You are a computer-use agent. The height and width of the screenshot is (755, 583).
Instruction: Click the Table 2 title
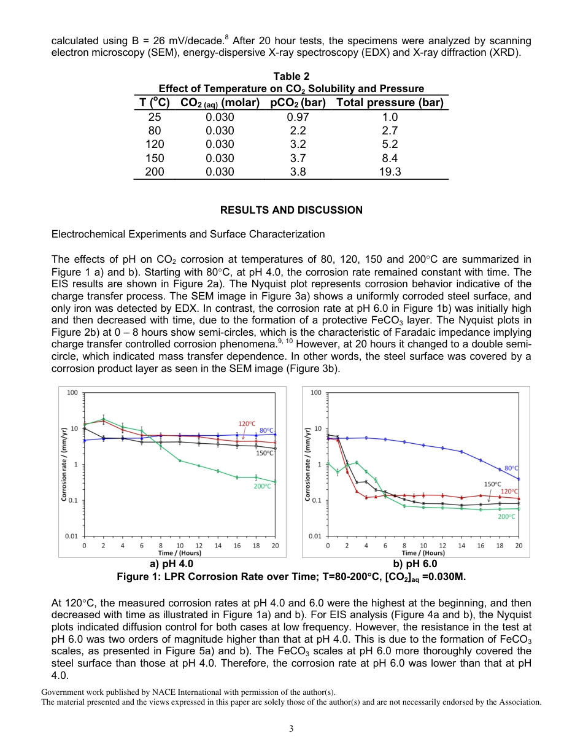(291, 76)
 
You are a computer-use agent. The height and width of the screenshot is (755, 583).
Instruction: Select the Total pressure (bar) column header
(390, 103)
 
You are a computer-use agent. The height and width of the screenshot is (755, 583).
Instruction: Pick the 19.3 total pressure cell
(390, 172)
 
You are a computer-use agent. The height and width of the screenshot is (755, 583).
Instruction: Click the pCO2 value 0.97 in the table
(298, 117)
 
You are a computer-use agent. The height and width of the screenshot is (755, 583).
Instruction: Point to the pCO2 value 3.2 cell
(298, 145)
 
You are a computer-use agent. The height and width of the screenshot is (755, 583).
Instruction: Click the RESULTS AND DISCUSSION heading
(291, 210)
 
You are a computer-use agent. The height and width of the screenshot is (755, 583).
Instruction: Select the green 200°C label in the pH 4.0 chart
(263, 486)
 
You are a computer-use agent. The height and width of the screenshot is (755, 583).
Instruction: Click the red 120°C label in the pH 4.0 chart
(247, 424)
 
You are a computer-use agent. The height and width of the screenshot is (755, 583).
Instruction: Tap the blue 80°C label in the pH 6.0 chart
(511, 468)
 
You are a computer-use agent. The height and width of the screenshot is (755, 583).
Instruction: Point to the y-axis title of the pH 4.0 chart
(64, 464)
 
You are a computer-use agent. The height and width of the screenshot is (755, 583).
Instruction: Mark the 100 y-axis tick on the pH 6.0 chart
(317, 393)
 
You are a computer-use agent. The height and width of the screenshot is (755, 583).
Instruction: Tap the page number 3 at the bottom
(291, 729)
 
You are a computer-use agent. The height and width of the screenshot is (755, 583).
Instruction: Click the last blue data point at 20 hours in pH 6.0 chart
(519, 479)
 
